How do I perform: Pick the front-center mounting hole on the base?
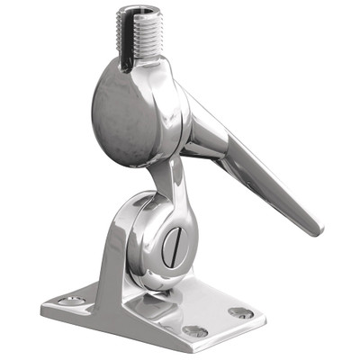coord(194,331)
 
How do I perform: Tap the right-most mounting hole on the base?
coord(240,312)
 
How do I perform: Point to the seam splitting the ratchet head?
coord(180,117)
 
